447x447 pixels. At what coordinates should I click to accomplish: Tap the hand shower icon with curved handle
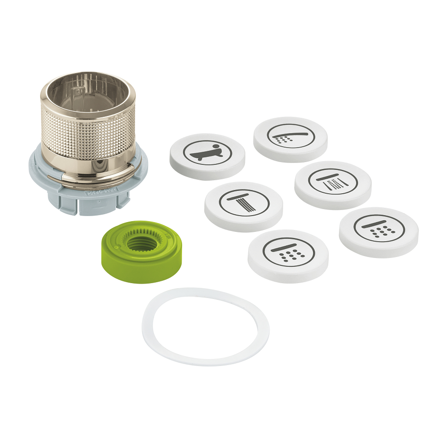pos(290,135)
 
